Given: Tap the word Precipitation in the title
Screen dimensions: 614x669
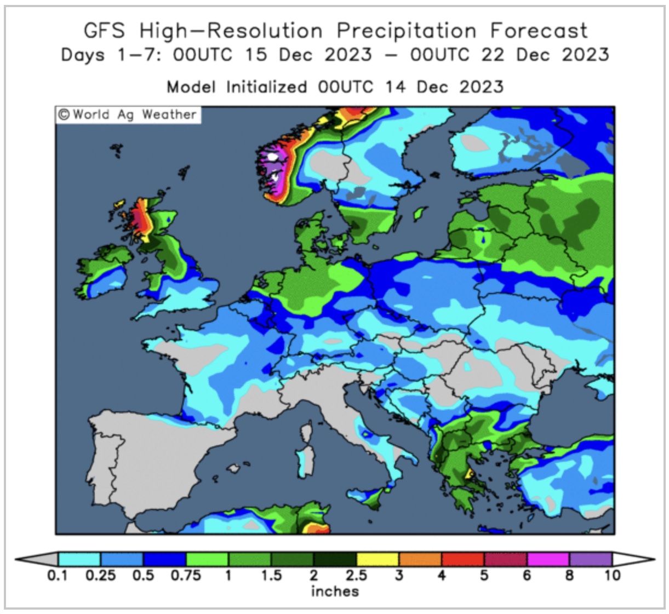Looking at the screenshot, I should [x=406, y=31].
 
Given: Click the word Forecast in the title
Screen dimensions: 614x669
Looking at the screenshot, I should [x=539, y=31].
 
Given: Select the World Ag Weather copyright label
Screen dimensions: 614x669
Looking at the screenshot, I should [x=127, y=115].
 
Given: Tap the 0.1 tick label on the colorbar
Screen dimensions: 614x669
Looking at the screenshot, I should [x=57, y=576].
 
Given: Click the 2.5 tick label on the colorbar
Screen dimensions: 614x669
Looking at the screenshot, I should [x=356, y=576].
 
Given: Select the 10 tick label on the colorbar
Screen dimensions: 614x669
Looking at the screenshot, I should [x=612, y=576].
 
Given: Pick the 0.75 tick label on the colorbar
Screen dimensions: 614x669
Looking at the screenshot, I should [x=186, y=576].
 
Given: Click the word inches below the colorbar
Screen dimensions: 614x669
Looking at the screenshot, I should [x=335, y=592].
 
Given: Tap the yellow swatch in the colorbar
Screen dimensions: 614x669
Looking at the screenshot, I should [x=378, y=559].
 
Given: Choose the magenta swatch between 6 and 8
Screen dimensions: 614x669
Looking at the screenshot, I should [x=548, y=559].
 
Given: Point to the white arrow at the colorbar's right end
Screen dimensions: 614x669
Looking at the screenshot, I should [x=632, y=559].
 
